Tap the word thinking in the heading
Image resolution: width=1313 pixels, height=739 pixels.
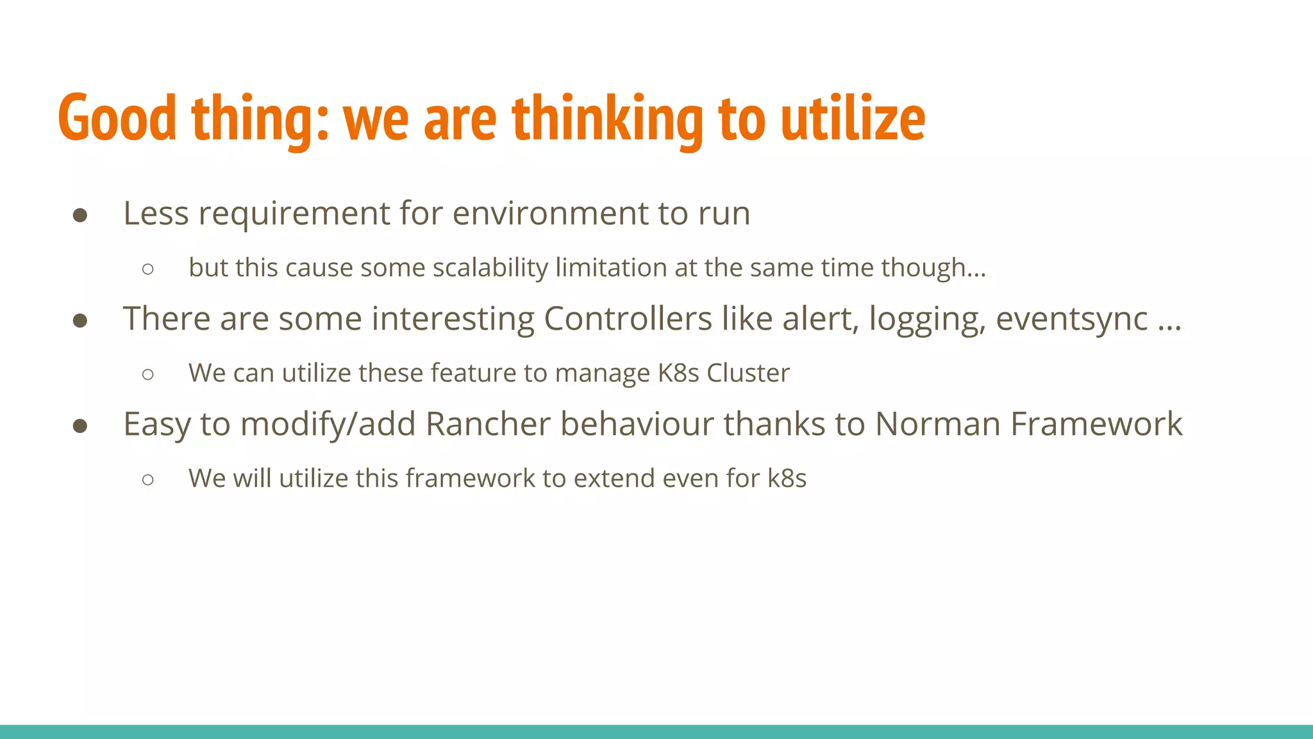pos(607,119)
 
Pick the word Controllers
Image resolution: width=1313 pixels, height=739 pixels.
pos(628,318)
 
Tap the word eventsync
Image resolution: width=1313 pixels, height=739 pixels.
pos(1071,319)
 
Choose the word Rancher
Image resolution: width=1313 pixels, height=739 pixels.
pos(488,424)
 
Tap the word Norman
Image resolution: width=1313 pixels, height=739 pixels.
pos(938,424)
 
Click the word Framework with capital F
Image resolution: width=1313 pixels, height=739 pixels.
pos(1096,424)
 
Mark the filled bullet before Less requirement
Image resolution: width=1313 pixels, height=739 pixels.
pos(80,215)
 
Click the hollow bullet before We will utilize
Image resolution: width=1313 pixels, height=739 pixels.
pos(148,479)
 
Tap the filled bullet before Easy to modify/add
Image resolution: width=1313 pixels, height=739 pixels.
pos(80,426)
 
